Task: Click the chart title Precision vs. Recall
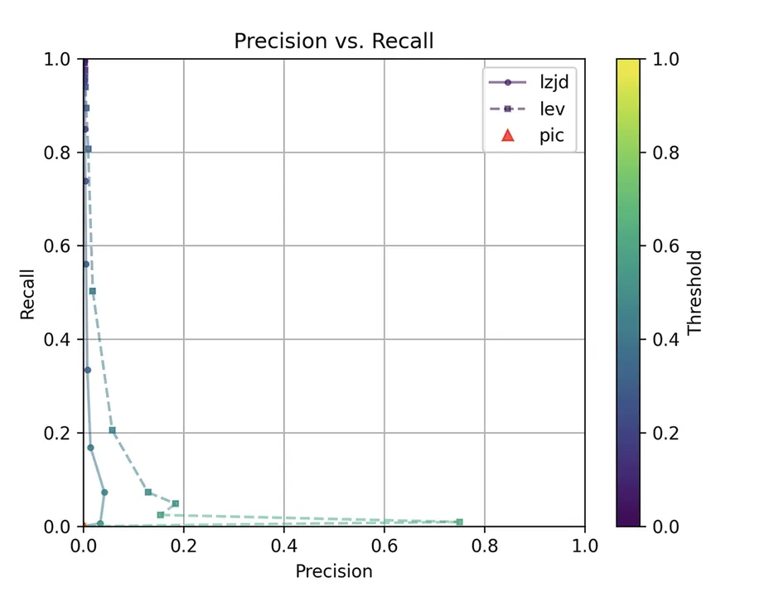(x=333, y=41)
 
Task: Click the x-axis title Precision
(x=333, y=571)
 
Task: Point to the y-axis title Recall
(x=28, y=293)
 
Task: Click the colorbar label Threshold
(x=694, y=293)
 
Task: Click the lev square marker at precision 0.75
(x=459, y=522)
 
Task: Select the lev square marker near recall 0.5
(x=93, y=291)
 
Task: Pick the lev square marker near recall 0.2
(x=113, y=430)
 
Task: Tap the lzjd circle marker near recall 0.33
(x=87, y=370)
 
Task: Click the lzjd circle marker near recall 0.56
(x=85, y=264)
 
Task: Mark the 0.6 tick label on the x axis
(x=384, y=546)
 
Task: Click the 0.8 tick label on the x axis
(x=484, y=546)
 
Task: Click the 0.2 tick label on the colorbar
(x=665, y=433)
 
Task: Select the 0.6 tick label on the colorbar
(x=665, y=246)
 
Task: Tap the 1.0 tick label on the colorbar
(x=665, y=60)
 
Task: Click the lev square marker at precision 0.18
(x=175, y=503)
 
